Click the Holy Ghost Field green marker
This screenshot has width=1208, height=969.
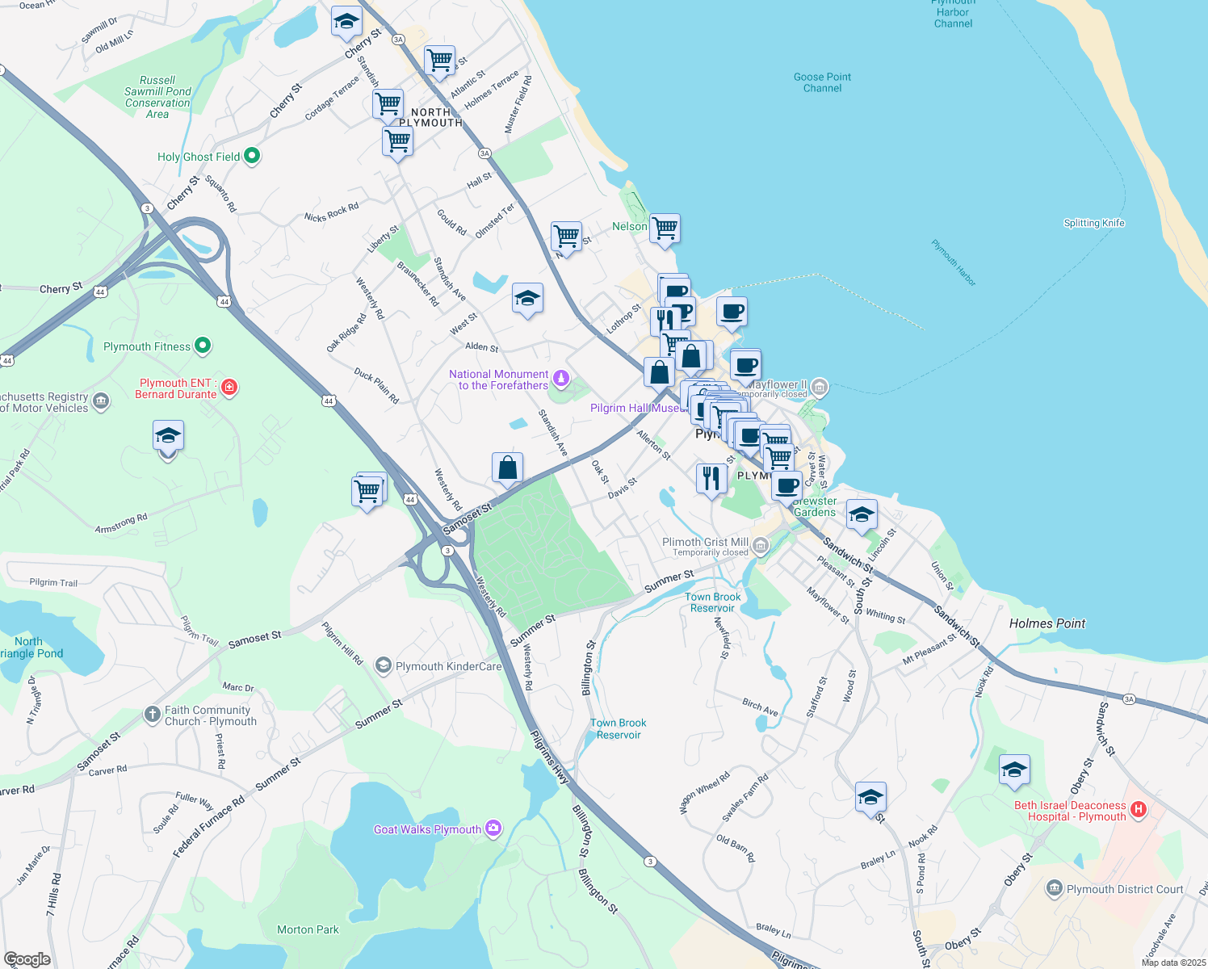coord(251,156)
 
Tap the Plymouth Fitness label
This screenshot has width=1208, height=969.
coord(147,347)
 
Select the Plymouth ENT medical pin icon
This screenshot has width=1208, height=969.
coord(229,388)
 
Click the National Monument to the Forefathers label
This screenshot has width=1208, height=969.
coord(498,380)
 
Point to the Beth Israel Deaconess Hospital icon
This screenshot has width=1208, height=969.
coord(1139,809)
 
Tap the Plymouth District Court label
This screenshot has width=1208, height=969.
coord(1125,890)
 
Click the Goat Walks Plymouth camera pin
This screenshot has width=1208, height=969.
coord(493,828)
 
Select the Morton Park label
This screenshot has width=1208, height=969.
coord(308,930)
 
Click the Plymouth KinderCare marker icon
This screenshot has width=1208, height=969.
coord(384,666)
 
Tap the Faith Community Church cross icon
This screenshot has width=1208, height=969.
coord(153,714)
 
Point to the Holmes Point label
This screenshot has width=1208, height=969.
coord(1047,623)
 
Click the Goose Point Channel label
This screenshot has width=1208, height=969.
coord(822,82)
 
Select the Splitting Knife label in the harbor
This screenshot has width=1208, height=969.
coord(1093,224)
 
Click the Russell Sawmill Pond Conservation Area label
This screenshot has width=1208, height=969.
coord(157,97)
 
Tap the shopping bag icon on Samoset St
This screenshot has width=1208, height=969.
coord(507,468)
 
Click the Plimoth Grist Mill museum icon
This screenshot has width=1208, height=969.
coord(760,547)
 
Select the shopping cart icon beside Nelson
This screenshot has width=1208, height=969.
coord(665,228)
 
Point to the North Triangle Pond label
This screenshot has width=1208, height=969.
coord(29,648)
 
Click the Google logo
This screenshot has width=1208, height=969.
coord(27,959)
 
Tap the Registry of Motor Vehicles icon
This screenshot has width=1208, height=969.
coord(101,401)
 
